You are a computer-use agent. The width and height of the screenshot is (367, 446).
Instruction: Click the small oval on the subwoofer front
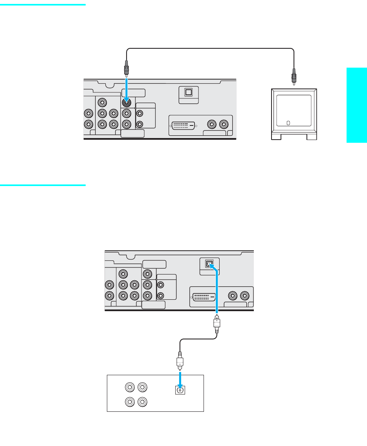tap(288, 123)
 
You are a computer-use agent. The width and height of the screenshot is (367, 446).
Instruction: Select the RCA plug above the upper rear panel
tap(127, 68)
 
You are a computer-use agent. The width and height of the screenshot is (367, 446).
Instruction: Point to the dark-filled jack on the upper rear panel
tap(127, 103)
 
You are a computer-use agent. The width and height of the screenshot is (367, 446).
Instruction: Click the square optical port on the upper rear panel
tap(188, 92)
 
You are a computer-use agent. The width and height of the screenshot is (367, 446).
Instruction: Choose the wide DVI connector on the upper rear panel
tap(184, 126)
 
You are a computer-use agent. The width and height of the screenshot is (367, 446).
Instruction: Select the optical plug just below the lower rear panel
tap(217, 323)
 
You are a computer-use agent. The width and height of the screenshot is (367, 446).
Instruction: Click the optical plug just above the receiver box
tap(180, 359)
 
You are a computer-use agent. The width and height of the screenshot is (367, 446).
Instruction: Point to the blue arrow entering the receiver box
tap(180, 379)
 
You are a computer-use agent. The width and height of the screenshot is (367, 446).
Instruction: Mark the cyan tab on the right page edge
tap(357, 105)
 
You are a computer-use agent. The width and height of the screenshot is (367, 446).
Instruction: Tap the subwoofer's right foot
tap(312, 137)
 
